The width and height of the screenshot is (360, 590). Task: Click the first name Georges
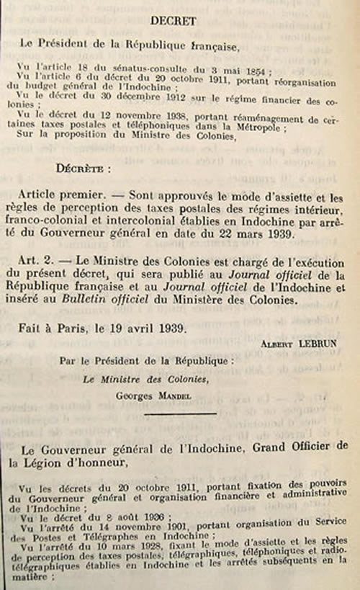(135, 393)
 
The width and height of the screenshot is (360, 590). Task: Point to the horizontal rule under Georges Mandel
(180, 414)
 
